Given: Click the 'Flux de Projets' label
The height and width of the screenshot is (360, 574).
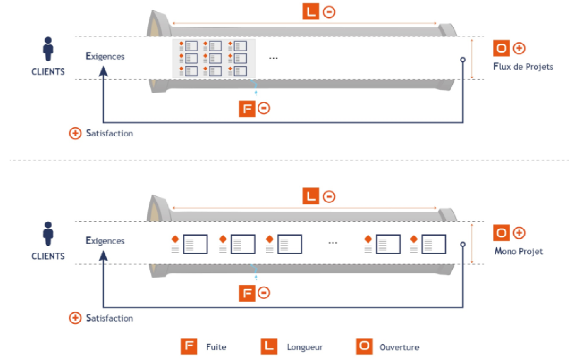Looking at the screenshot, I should [523, 67].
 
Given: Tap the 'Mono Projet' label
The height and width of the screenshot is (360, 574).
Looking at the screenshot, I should [518, 251].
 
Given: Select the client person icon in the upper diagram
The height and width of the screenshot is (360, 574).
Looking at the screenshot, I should [47, 50].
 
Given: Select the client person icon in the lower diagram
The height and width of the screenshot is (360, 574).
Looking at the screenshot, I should [47, 234].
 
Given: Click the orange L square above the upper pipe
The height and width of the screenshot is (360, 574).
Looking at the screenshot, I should [311, 12].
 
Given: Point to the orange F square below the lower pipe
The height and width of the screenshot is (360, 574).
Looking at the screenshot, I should [247, 293].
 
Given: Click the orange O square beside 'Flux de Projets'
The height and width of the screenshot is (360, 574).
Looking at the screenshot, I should [501, 48].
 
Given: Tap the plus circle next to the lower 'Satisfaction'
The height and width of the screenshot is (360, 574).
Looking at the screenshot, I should [75, 318].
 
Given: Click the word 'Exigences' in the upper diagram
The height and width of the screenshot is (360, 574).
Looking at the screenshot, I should [105, 57].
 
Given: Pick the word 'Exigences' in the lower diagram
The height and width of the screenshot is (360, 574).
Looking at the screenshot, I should [105, 241].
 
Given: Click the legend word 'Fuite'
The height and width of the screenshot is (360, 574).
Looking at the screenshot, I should [216, 347].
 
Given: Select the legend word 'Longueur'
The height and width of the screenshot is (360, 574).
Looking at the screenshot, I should [305, 347].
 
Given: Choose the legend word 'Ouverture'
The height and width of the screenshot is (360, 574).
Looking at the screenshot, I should [399, 347].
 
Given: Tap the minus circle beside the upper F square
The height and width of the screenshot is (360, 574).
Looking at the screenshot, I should [264, 109].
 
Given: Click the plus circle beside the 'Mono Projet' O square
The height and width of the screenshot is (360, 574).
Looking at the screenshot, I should [519, 233].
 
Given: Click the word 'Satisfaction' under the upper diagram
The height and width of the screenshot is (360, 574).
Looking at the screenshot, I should [110, 134].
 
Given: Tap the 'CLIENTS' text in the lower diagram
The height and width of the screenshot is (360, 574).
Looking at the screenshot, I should [48, 256].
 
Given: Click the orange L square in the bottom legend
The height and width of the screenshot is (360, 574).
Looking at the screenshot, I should [268, 347].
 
